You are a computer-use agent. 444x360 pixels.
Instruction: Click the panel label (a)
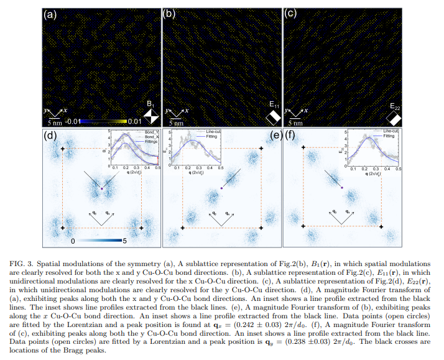coord(50,12)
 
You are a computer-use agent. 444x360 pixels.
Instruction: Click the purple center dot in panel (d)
coord(101,187)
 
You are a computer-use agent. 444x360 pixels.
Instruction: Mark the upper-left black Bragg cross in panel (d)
coord(62,149)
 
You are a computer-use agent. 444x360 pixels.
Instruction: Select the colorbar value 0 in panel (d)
coord(73,240)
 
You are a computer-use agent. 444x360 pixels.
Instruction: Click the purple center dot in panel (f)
coord(341,187)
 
